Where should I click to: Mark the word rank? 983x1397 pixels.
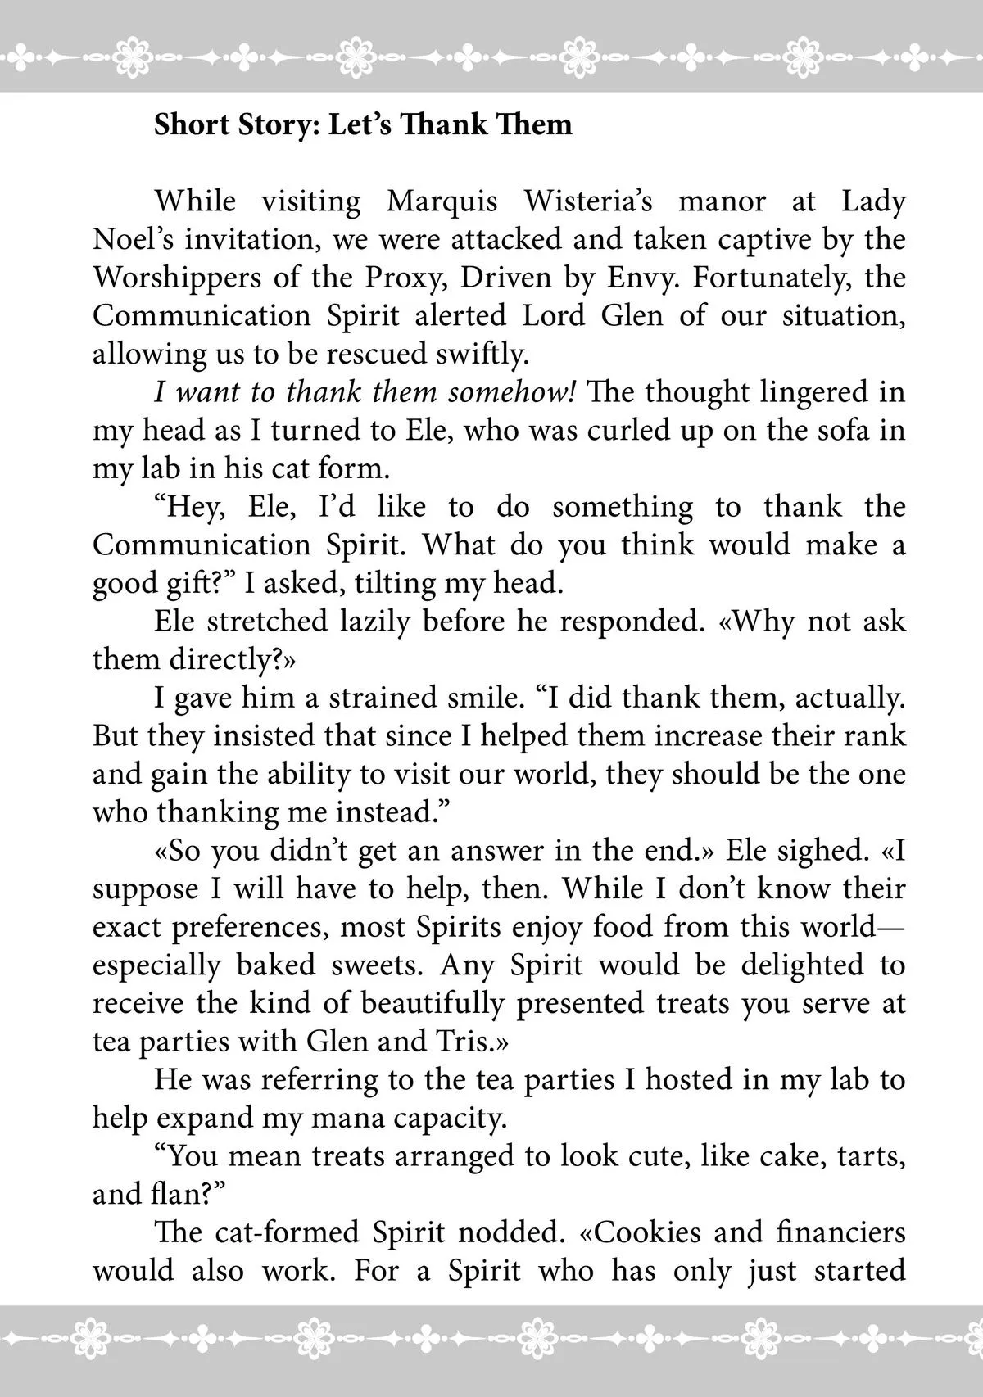pos(878,735)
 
